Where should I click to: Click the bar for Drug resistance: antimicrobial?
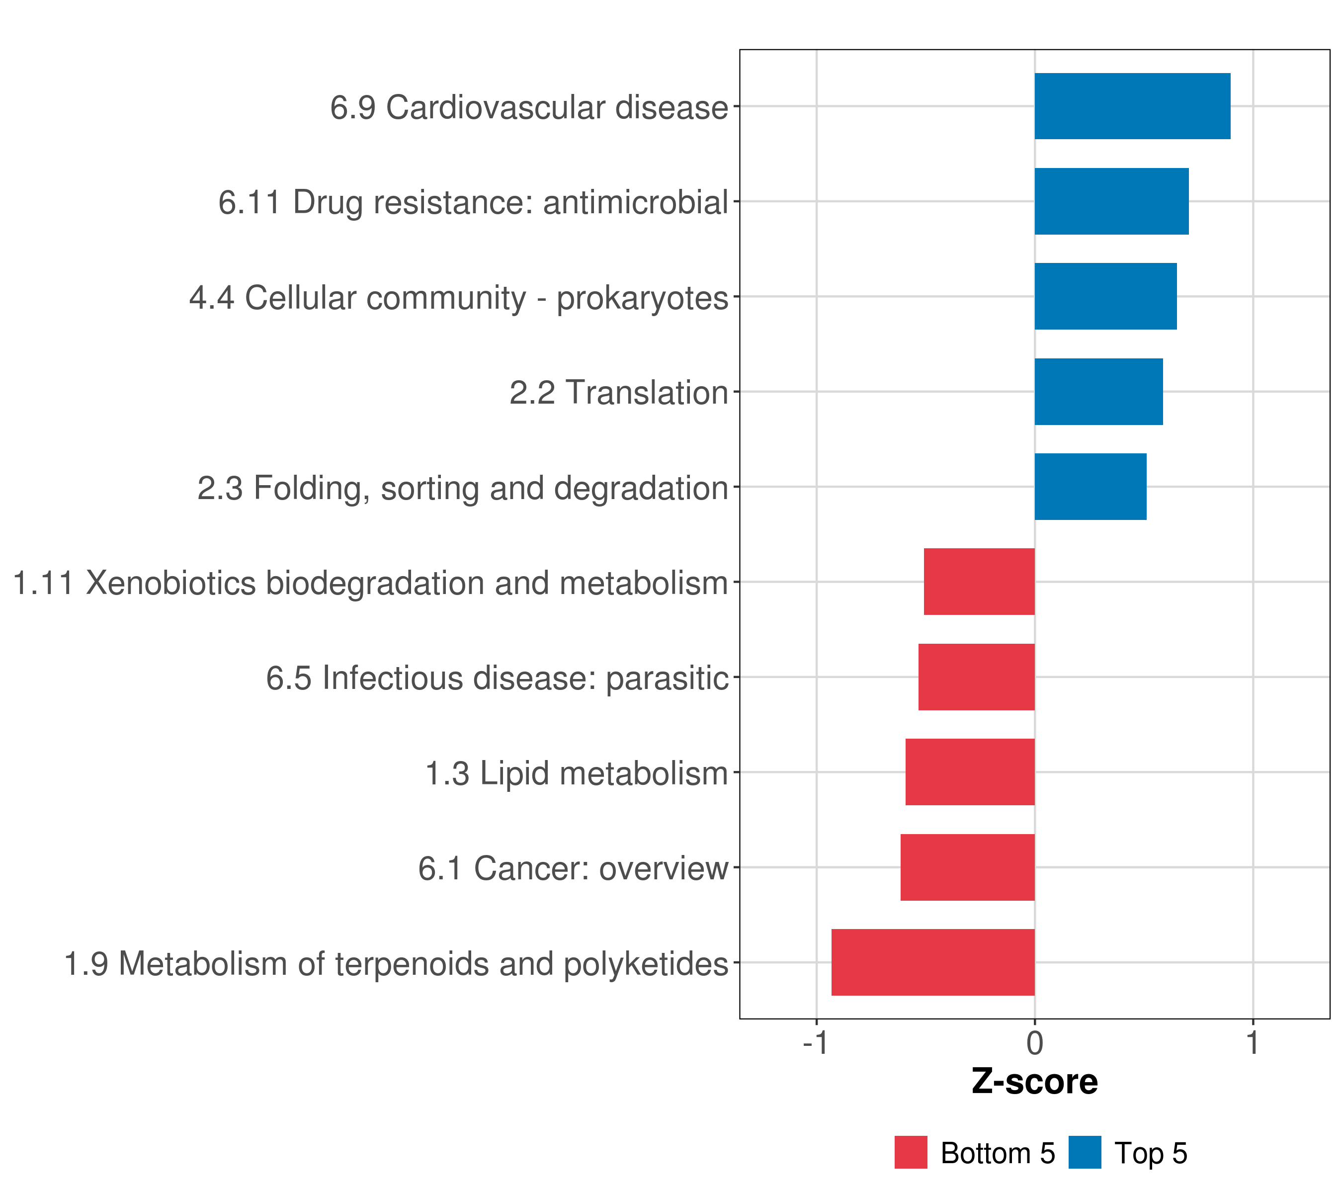click(1111, 202)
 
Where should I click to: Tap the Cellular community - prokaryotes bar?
click(1105, 297)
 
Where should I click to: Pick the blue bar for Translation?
click(1098, 392)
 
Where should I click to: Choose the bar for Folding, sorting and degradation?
click(1090, 487)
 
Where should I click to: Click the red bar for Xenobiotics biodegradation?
click(979, 582)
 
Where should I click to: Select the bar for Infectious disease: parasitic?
click(976, 677)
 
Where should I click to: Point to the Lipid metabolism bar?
click(970, 772)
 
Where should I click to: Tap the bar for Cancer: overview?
click(967, 867)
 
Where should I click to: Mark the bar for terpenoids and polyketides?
click(933, 962)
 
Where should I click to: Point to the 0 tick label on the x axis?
click(1035, 1043)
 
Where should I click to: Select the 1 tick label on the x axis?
click(1253, 1043)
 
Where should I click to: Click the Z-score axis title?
click(1035, 1082)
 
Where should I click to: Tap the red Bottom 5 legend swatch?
click(911, 1153)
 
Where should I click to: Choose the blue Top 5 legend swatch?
click(1085, 1153)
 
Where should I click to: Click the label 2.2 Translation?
click(618, 393)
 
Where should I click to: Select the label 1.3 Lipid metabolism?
click(577, 773)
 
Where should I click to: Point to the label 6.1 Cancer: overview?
click(573, 868)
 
